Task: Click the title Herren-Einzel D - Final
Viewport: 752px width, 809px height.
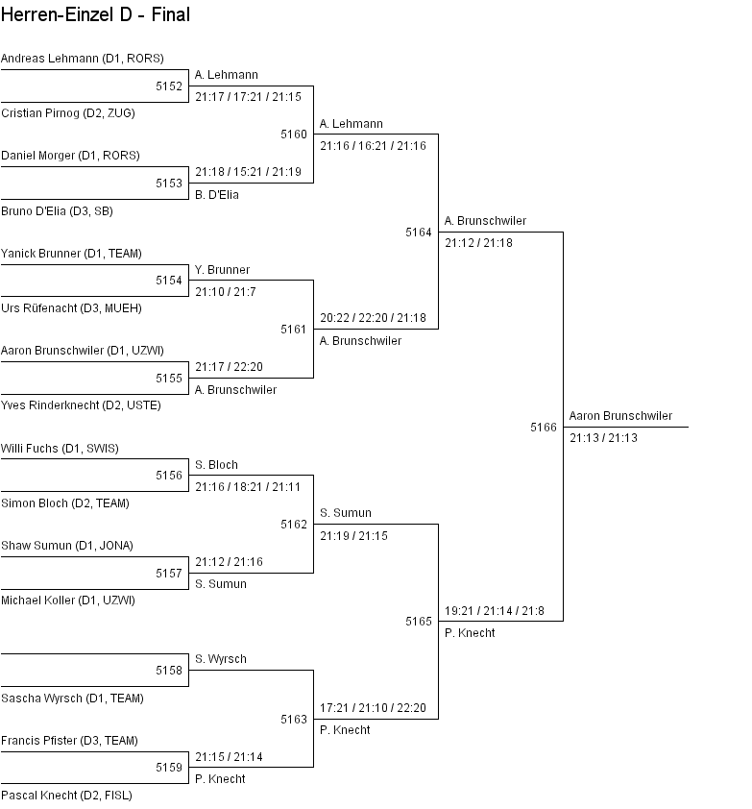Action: [x=95, y=14]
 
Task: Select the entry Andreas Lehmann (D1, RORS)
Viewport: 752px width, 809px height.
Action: [x=82, y=59]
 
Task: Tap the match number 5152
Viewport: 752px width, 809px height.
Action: [x=169, y=86]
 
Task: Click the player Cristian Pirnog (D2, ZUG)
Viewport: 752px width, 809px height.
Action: [x=67, y=113]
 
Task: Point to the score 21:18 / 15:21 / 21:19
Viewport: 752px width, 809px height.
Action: [x=248, y=172]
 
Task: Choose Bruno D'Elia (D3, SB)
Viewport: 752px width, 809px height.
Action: [x=57, y=211]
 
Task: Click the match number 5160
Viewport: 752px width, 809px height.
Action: [x=294, y=135]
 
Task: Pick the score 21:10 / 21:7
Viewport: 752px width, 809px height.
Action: [x=227, y=291]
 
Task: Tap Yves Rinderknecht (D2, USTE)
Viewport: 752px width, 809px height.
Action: [x=81, y=405]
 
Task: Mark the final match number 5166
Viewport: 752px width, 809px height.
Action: [x=544, y=428]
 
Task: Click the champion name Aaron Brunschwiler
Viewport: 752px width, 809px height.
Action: [x=620, y=416]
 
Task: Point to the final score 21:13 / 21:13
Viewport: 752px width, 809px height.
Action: [x=603, y=438]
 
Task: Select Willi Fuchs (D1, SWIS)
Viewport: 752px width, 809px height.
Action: [x=60, y=449]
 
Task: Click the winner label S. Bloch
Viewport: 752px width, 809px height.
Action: [x=216, y=465]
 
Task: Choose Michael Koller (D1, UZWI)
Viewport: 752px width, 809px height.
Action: [x=67, y=601]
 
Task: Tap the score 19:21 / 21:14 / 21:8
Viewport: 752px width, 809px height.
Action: [x=494, y=611]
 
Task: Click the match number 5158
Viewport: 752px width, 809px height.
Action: [x=169, y=671]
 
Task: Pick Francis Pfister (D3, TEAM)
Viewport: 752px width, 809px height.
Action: [x=69, y=741]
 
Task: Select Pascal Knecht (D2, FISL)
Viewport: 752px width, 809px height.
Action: [x=66, y=796]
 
